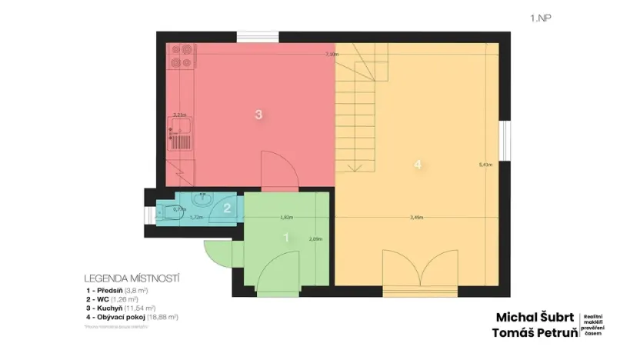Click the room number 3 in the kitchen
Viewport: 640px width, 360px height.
[259, 115]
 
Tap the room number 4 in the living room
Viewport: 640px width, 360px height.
[418, 165]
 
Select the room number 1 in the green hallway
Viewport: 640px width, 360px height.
[286, 238]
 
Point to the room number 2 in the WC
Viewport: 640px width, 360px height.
[227, 206]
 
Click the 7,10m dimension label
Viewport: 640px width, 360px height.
[332, 55]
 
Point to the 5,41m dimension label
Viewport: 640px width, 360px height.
[485, 165]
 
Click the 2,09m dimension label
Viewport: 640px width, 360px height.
[314, 238]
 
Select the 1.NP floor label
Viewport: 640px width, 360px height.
[540, 16]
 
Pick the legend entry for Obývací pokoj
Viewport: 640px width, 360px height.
[132, 316]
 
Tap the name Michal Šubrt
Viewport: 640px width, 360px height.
[534, 317]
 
